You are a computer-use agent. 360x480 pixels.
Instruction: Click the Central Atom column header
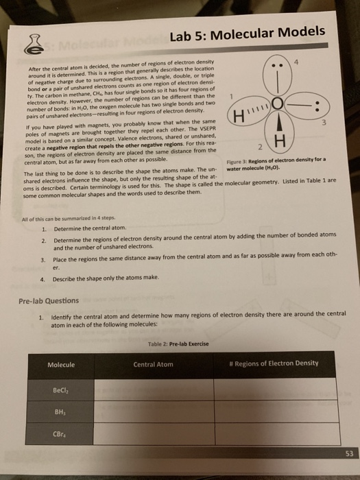(x=153, y=364)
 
